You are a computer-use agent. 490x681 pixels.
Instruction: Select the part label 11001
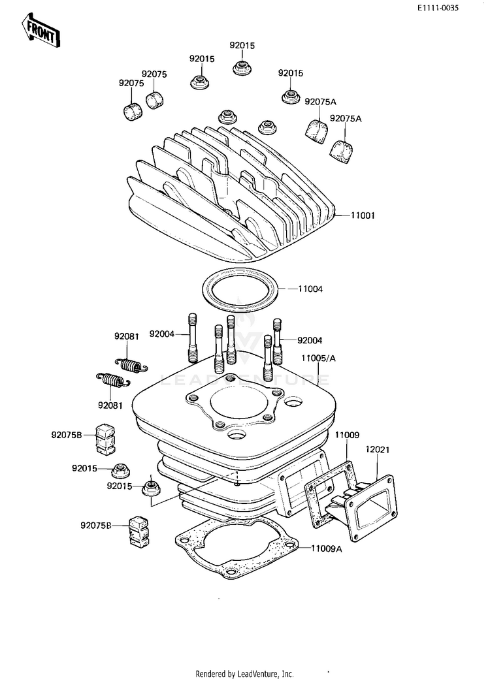(363, 215)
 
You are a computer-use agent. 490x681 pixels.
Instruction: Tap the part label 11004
(310, 289)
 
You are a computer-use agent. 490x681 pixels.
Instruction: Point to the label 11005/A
(318, 358)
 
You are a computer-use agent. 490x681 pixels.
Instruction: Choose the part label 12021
(377, 449)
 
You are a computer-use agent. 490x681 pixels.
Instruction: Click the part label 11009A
(327, 549)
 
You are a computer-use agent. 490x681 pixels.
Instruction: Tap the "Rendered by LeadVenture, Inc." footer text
(244, 674)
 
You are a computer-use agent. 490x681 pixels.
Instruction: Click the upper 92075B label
(67, 434)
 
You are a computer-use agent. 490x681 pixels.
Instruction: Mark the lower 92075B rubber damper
(139, 531)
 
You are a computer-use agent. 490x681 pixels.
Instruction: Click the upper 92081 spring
(131, 365)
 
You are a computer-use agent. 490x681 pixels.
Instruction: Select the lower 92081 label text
(110, 405)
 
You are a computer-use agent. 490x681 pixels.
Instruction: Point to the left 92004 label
(161, 334)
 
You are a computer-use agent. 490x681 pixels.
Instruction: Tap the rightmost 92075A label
(346, 119)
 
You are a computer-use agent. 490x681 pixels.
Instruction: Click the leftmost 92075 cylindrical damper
(132, 111)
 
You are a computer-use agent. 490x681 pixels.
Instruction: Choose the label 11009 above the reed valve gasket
(347, 435)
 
